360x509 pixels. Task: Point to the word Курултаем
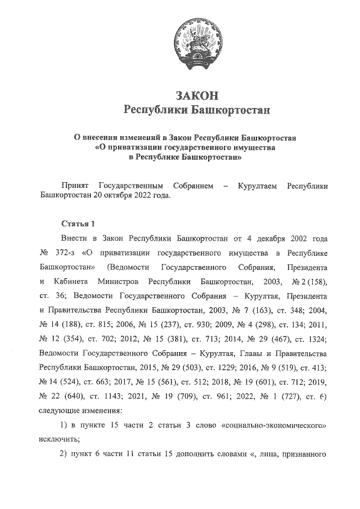coord(257,186)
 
